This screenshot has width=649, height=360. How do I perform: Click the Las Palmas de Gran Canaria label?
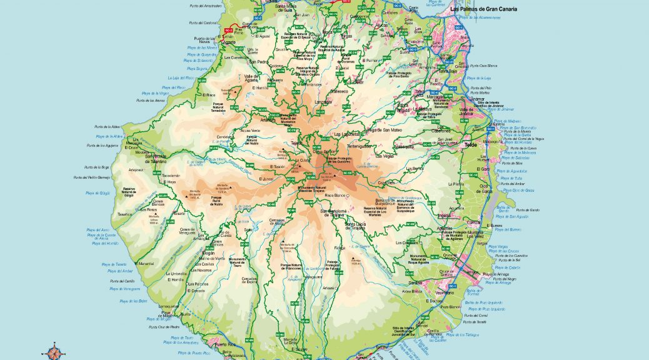point(496,10)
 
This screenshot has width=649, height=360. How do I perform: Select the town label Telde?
point(471,145)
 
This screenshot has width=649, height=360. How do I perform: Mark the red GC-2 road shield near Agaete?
point(229,29)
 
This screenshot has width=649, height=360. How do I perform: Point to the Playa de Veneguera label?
point(123,289)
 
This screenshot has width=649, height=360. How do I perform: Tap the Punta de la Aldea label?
point(106,126)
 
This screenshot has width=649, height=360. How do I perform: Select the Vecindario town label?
point(445,292)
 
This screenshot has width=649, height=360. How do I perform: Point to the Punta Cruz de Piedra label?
point(164,327)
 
